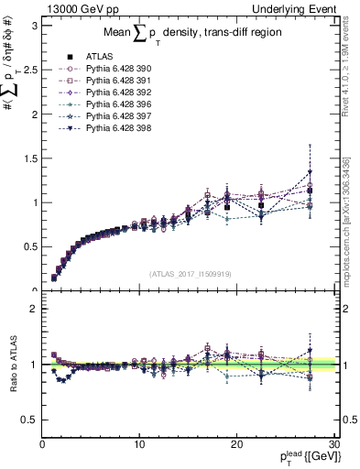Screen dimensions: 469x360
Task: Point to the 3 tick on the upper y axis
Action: point(34,25)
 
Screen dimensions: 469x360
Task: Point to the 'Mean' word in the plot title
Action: point(121,35)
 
